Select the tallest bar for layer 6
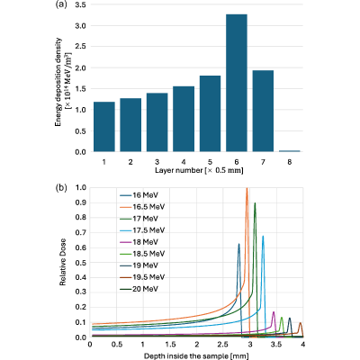click(237, 83)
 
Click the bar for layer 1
click(104, 127)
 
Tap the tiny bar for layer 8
click(289, 151)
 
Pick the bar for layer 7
click(263, 111)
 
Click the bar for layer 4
click(184, 119)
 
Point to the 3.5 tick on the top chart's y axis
click(80, 4)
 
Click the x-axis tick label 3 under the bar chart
click(157, 162)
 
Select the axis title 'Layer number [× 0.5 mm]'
click(199, 170)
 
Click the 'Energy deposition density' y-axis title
click(58, 82)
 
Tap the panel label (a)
click(61, 4)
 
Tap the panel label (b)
click(61, 188)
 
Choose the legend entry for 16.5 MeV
click(142, 207)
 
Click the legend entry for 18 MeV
click(139, 242)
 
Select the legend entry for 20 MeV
click(139, 289)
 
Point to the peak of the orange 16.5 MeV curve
click(247, 188)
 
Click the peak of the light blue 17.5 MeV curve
click(263, 236)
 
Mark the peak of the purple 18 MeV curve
click(274, 312)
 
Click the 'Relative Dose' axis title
click(62, 262)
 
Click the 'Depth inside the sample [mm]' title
click(196, 356)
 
